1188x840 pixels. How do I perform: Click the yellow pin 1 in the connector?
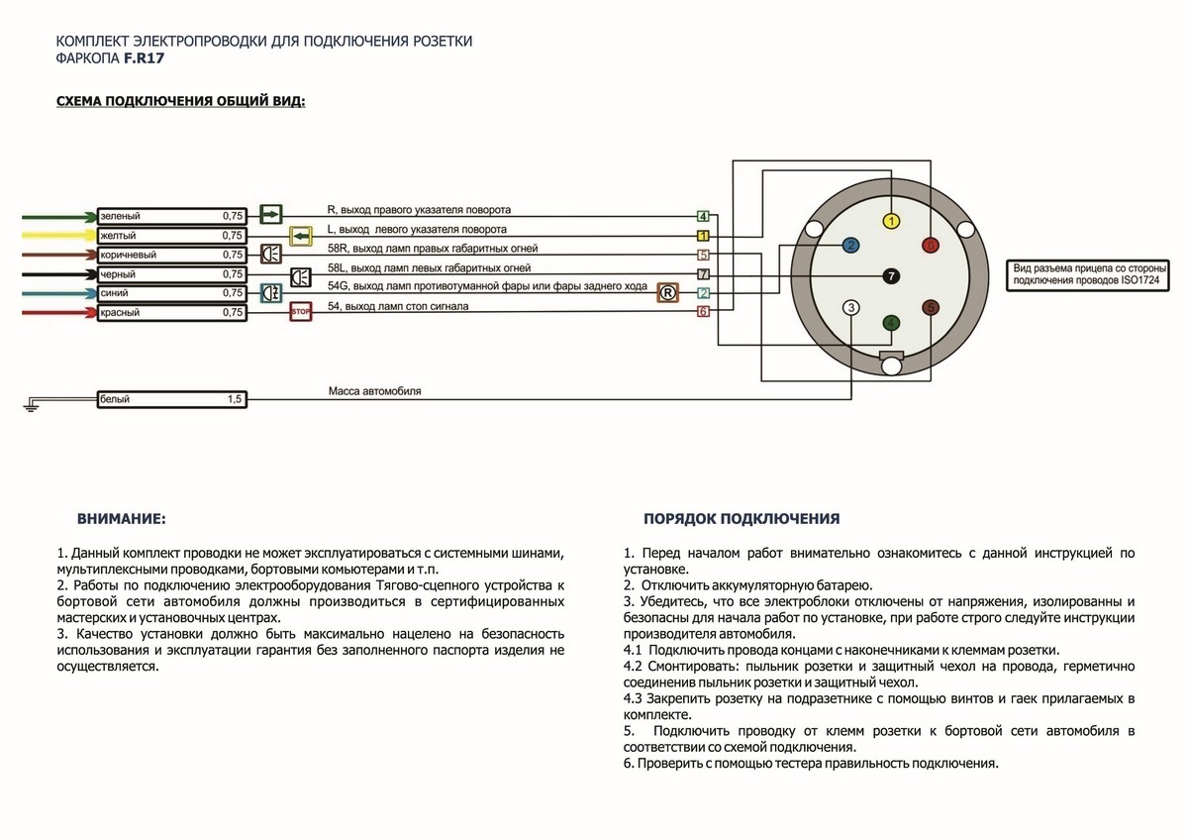click(892, 221)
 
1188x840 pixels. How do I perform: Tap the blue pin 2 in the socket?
click(850, 245)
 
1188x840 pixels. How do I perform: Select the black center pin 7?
click(891, 276)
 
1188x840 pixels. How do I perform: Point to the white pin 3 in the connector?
click(851, 308)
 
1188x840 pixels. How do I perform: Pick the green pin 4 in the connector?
click(892, 323)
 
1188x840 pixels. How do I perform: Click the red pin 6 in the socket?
click(931, 245)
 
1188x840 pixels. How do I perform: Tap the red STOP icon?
click(300, 313)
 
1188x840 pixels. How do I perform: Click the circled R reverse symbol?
click(667, 292)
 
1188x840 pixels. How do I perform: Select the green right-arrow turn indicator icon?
click(270, 214)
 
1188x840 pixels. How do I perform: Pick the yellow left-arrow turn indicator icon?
click(300, 235)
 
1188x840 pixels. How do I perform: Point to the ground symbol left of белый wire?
click(32, 402)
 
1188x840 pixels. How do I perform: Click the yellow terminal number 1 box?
click(703, 236)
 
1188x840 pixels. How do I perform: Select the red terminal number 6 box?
click(703, 312)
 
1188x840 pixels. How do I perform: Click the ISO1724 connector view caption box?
click(1087, 275)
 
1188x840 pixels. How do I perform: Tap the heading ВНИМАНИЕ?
click(121, 518)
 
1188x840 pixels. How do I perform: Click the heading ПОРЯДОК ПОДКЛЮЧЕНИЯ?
click(742, 518)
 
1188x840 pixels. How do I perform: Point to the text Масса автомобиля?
click(374, 391)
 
